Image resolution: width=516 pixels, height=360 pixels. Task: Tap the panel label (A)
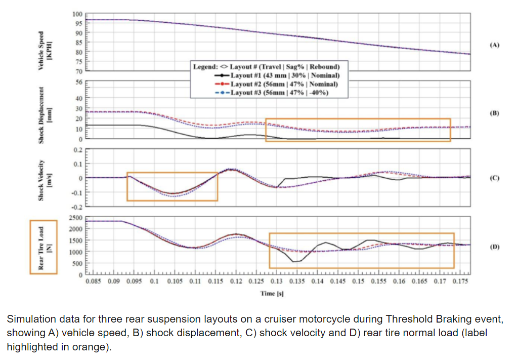click(x=494, y=45)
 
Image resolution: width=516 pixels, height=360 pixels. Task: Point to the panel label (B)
click(x=494, y=113)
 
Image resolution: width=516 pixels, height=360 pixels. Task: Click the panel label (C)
click(x=494, y=178)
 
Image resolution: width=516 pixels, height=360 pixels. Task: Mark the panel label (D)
click(x=494, y=247)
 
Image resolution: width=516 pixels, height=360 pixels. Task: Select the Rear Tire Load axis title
click(x=43, y=247)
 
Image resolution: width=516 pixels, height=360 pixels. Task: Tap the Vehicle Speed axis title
click(x=43, y=45)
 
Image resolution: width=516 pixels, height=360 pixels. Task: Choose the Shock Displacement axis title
click(x=43, y=113)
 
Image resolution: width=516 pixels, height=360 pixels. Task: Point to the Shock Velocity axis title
click(x=43, y=178)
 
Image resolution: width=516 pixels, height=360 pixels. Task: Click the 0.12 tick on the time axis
click(x=236, y=281)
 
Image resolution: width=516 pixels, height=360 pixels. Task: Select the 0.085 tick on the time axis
click(x=94, y=281)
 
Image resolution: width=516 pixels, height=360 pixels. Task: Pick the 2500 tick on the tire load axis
click(x=75, y=218)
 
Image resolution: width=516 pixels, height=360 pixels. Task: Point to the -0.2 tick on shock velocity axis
click(x=76, y=207)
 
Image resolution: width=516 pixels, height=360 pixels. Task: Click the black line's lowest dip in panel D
click(x=294, y=262)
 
